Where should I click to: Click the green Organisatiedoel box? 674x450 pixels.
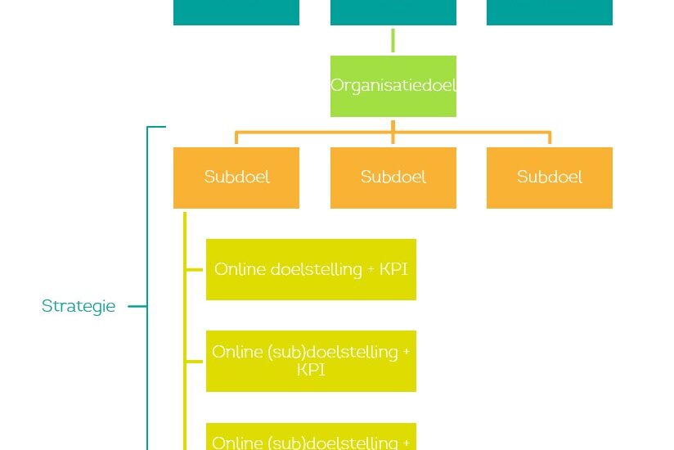click(x=393, y=86)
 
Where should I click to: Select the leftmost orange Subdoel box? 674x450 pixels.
click(x=236, y=178)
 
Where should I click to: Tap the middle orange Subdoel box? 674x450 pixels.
click(x=393, y=178)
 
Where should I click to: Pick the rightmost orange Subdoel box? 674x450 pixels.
click(x=549, y=178)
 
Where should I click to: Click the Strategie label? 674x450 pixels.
click(x=79, y=306)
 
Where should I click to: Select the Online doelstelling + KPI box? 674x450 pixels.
click(x=311, y=269)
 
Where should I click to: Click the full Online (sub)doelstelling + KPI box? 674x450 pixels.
click(x=311, y=361)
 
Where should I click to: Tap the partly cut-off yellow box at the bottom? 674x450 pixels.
click(x=311, y=437)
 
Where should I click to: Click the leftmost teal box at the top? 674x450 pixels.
click(x=236, y=12)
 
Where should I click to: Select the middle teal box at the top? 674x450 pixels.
click(x=393, y=12)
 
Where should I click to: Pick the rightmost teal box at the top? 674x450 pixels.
click(x=549, y=12)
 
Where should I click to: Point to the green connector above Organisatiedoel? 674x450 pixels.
click(x=393, y=41)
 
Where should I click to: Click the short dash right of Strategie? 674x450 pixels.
click(x=137, y=307)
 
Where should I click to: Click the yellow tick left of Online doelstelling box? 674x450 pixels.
click(x=195, y=269)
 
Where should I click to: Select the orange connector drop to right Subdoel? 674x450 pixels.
click(x=549, y=137)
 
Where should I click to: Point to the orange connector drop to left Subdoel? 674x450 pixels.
click(x=236, y=137)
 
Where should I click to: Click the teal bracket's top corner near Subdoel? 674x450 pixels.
click(x=149, y=128)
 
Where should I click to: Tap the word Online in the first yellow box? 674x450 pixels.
click(x=239, y=269)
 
